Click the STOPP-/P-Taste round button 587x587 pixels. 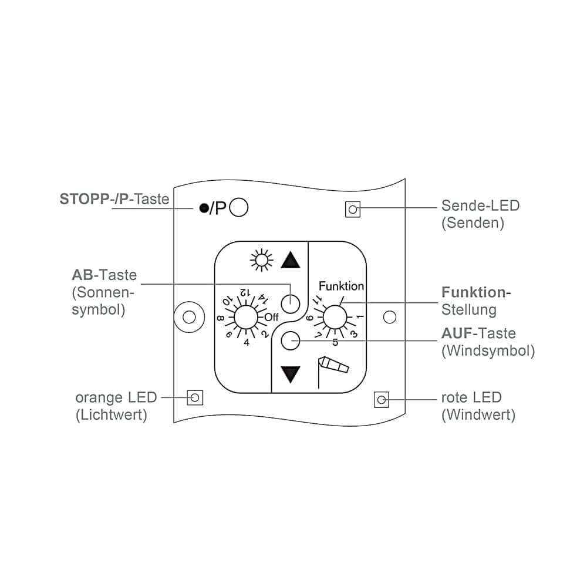coord(238,207)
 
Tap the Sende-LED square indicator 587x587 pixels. coord(353,210)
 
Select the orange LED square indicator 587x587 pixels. coord(195,397)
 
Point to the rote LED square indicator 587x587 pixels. coord(382,400)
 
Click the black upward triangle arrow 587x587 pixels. coord(291,260)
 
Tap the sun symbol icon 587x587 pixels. coord(261,260)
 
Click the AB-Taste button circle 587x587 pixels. coord(291,303)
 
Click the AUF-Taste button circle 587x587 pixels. coord(291,340)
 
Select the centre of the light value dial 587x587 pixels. coord(246,318)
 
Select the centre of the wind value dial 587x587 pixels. coord(335,318)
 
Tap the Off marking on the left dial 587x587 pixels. coord(271,318)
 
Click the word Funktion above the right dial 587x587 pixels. coord(341,286)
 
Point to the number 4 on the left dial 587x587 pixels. coord(247,342)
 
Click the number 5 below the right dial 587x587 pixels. coord(335,342)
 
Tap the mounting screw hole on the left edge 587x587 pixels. coord(190,317)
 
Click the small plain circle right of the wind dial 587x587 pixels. coord(390,317)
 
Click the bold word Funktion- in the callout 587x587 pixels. coord(476,292)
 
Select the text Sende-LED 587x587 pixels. coord(480,205)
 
